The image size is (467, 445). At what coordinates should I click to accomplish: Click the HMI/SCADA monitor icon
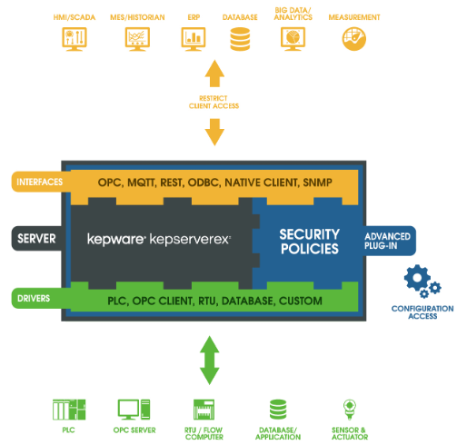pos(75,39)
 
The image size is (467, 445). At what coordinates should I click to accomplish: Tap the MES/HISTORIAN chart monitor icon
pos(137,39)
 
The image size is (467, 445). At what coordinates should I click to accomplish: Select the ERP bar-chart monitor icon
pos(194,39)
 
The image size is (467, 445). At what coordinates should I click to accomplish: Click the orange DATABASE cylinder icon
pos(240,39)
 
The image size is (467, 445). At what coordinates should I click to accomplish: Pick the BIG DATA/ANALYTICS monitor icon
pos(293,39)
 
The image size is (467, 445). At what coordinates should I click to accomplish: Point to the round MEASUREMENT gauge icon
pos(354,39)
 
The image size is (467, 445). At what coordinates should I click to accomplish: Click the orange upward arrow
pos(214,74)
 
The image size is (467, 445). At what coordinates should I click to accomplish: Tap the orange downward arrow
pos(214,132)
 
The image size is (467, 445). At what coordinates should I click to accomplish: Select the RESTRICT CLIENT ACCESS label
pos(214,102)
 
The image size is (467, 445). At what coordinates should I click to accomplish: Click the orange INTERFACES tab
pos(40,182)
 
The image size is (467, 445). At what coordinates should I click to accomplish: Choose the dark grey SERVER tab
pos(37,239)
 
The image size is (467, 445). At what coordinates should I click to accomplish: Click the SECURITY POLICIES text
pos(310,242)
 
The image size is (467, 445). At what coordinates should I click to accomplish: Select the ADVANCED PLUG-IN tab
pos(389,241)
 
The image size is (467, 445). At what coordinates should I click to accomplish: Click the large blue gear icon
pos(417,278)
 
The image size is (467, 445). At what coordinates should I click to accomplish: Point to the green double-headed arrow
pos(209,361)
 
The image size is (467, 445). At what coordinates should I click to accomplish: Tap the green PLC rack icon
pos(69,410)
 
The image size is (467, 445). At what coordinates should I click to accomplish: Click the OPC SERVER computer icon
pos(134,410)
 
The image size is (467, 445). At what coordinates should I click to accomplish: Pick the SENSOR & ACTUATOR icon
pos(350,410)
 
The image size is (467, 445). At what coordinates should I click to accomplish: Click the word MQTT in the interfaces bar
pos(142,183)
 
